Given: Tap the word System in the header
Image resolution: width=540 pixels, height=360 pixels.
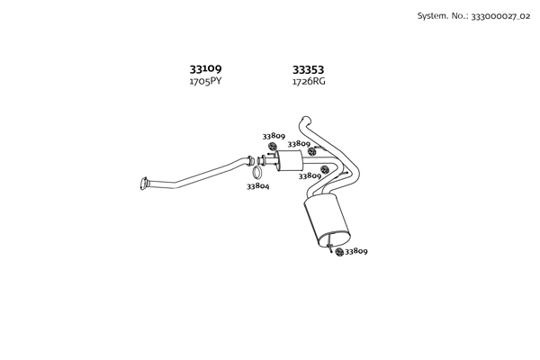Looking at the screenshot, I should coord(432,15).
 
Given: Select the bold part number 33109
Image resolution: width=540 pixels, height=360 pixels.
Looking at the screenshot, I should coord(205,68).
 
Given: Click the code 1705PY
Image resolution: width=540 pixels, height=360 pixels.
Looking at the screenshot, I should coord(205,81).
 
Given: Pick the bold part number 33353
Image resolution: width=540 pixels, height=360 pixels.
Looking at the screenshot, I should coord(308,68).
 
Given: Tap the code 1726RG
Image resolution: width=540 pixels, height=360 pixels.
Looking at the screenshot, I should coord(308,81).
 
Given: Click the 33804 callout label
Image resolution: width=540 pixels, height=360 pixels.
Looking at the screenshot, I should coord(258,186).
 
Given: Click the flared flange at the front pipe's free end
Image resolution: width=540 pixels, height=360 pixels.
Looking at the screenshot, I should coord(145,184).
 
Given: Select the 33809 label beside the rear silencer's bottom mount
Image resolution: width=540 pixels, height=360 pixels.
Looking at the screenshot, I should coord(356,252).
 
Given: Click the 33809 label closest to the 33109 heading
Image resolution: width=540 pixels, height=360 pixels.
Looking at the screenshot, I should coord(274,136).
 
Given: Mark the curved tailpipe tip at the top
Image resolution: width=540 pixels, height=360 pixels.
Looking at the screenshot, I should coord(304,120).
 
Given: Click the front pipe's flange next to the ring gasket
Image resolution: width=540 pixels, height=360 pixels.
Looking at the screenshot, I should coord(250,160).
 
